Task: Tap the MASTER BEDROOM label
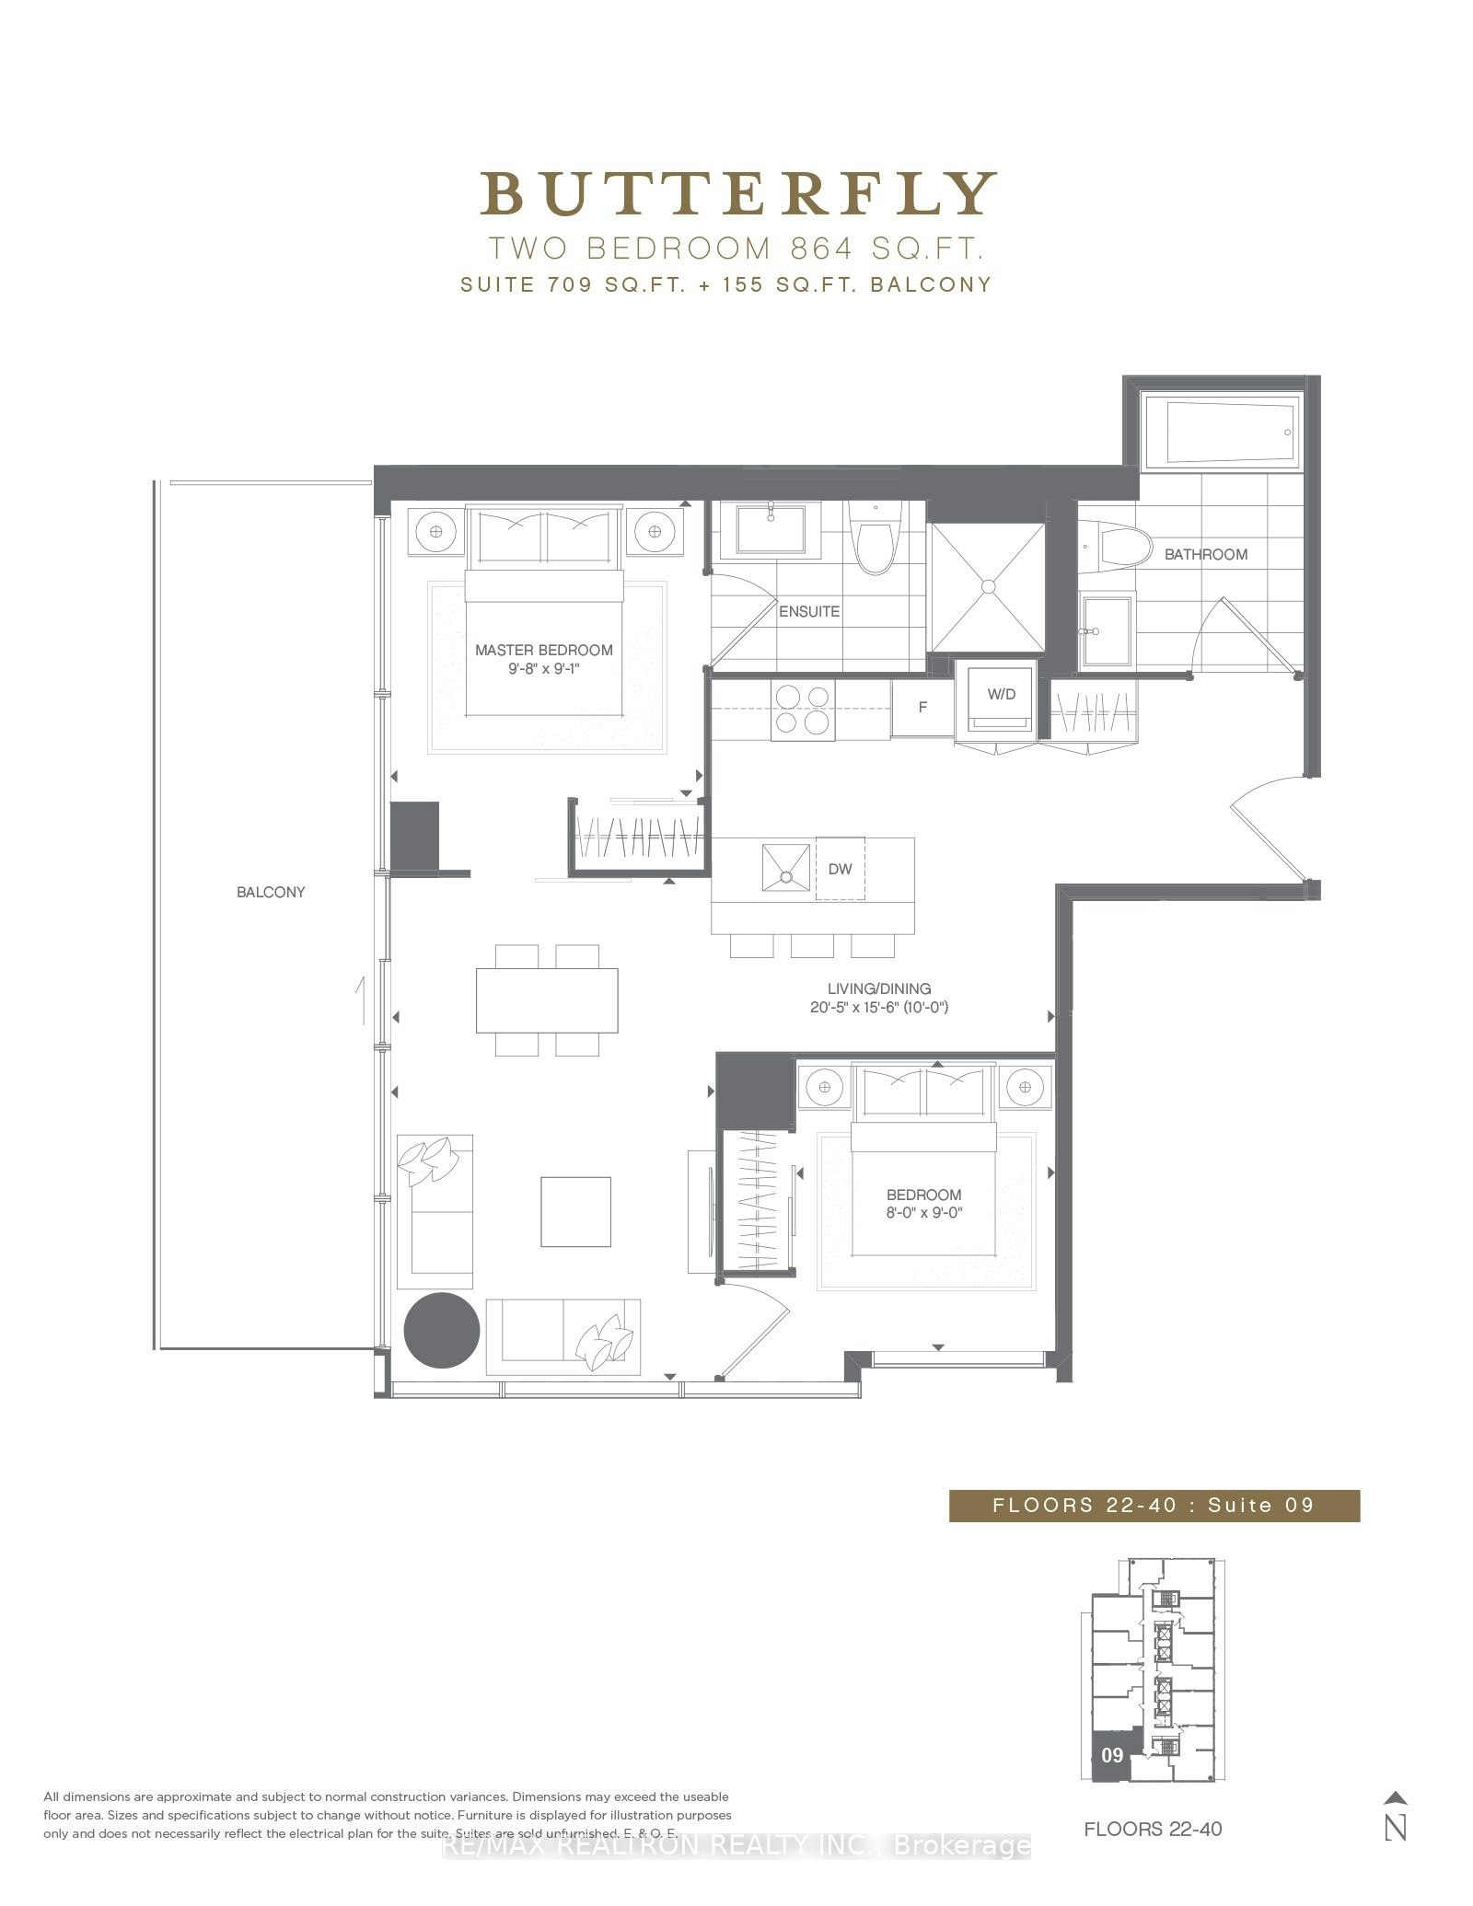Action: point(543,650)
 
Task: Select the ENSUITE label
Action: point(809,611)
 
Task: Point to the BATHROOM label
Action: point(1206,554)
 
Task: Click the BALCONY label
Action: point(271,892)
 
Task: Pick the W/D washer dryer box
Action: point(1001,699)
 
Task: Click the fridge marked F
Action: point(922,707)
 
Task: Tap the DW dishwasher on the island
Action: point(840,868)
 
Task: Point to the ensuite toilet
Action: point(874,537)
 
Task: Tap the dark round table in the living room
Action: point(442,1330)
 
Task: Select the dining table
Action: point(547,1000)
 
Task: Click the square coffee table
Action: point(575,1211)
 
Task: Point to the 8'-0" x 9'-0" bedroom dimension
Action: point(924,1213)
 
